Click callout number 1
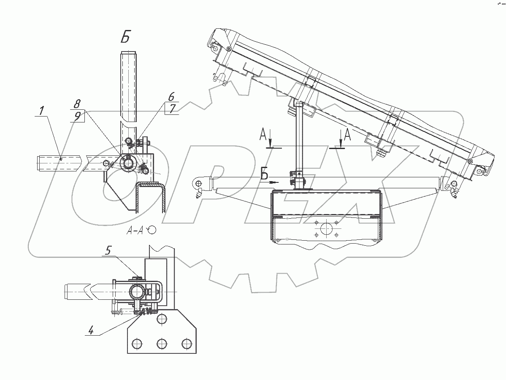coord(41,111)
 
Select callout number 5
coord(109,250)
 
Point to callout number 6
coord(171,96)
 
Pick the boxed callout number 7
coord(172,109)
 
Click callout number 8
coord(77,104)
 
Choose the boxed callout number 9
coord(77,116)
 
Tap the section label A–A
coord(135,231)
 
